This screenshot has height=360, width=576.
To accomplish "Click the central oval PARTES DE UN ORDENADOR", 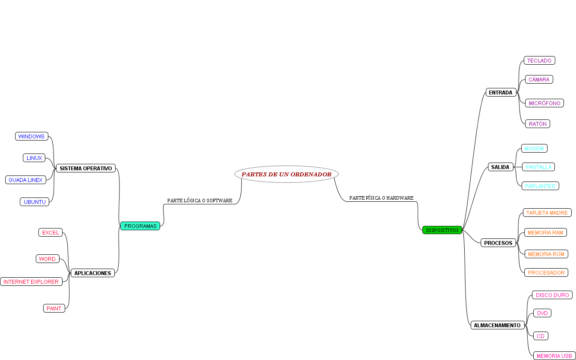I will point(286,174).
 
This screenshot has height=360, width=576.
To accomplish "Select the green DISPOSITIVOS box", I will point(442,230).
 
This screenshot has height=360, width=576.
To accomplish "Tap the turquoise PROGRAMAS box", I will point(140,226).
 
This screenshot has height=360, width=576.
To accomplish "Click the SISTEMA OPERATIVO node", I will point(86,168).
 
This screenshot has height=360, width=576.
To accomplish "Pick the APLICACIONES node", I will point(93,273).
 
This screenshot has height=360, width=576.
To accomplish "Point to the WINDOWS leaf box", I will point(31,136).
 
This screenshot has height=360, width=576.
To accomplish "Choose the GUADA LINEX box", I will point(26,180).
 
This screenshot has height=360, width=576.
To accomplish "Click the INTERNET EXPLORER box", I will point(31,282).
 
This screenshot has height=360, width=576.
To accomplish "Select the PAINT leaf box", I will point(54,308).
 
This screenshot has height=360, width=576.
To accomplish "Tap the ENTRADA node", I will point(500,92).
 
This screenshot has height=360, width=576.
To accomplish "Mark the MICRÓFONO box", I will point(545,103).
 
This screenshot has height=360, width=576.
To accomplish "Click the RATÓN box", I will point(538,124).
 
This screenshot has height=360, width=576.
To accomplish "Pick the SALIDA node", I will point(500,167).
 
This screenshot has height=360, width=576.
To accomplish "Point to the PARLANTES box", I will point(540,186).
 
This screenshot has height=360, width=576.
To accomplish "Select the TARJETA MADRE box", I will point(547,213).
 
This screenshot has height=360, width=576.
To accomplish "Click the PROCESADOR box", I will point(546,272).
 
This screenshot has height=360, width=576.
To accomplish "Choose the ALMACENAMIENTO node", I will point(497,325).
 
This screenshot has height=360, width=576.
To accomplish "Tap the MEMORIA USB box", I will point(554,356).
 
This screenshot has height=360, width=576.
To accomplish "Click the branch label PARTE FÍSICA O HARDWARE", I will point(381,198).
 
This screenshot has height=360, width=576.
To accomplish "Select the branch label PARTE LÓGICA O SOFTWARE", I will point(200,200).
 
